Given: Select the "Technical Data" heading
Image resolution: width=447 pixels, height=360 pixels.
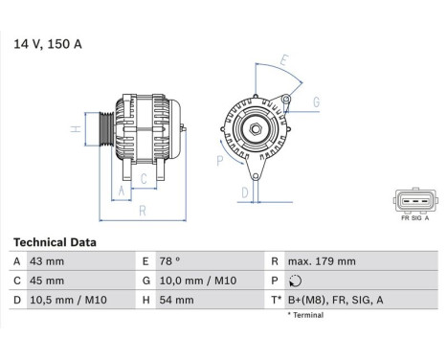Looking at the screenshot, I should point(56,243).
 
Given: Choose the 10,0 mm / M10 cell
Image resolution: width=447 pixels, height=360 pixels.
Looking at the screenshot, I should point(197,281).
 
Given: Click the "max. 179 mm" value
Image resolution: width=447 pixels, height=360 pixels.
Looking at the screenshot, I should point(321,261).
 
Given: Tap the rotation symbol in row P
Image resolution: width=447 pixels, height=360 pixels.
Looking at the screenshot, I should point(293,281).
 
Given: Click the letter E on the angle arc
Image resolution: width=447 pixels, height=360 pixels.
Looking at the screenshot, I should point(283,59).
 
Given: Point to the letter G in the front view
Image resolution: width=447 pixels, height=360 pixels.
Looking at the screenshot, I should point(316,101).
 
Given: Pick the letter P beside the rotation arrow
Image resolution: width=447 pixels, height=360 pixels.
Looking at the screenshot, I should point(219,161).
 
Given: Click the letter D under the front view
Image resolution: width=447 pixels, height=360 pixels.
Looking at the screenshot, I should point(245,191).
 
